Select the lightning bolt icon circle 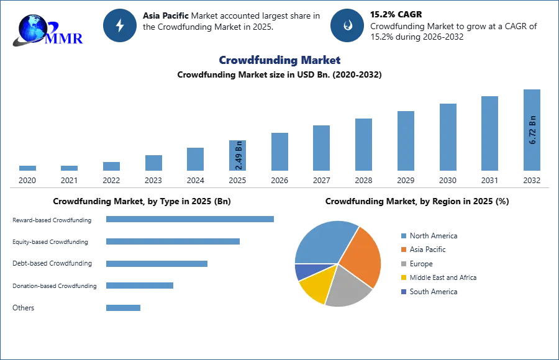[x=120, y=25]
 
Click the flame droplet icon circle [x=348, y=25]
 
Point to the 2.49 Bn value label [x=239, y=156]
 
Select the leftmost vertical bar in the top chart [x=27, y=169]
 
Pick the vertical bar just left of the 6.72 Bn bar [x=489, y=133]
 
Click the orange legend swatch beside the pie [x=402, y=250]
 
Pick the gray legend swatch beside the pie [x=402, y=264]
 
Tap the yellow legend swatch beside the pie [x=402, y=278]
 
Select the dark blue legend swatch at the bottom [x=402, y=292]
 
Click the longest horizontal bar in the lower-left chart [x=191, y=218]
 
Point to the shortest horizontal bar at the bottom [x=124, y=308]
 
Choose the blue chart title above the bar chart [x=280, y=60]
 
